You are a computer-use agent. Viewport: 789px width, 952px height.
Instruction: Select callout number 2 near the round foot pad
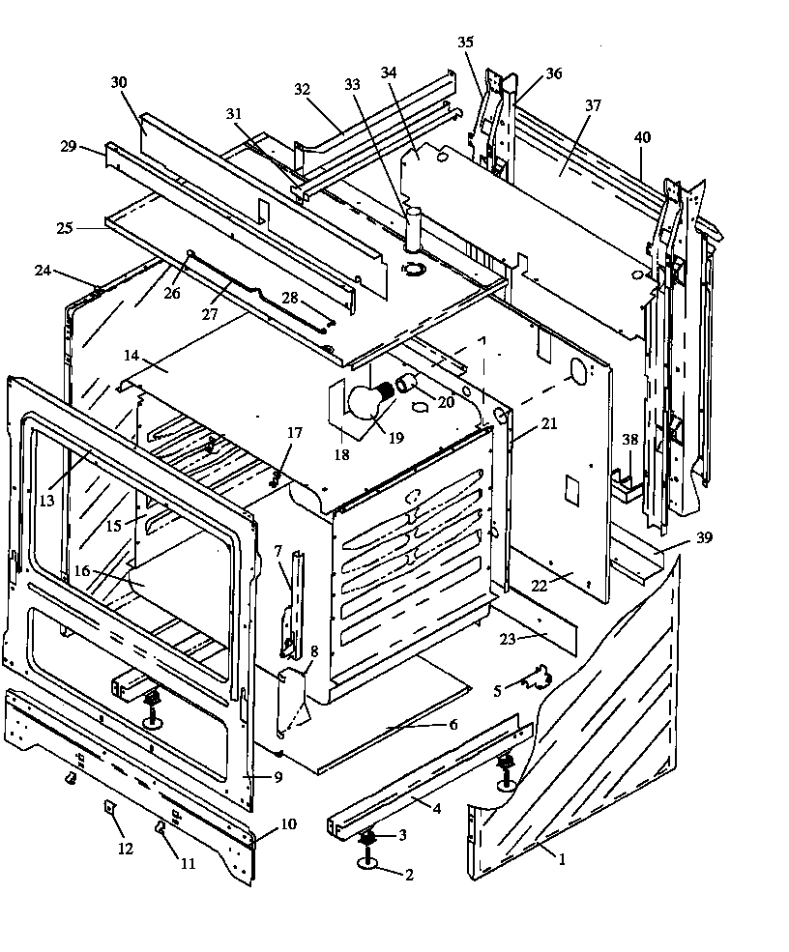click(x=409, y=876)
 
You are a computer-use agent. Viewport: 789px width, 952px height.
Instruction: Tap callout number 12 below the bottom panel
click(x=123, y=849)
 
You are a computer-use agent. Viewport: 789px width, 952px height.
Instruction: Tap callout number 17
click(x=294, y=432)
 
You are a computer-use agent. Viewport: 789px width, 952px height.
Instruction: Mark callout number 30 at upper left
click(x=119, y=83)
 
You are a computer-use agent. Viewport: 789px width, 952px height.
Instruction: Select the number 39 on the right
click(x=704, y=537)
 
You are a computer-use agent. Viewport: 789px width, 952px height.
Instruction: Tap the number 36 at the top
click(x=553, y=73)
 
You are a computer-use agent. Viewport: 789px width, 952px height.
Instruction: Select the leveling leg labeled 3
click(x=368, y=839)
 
